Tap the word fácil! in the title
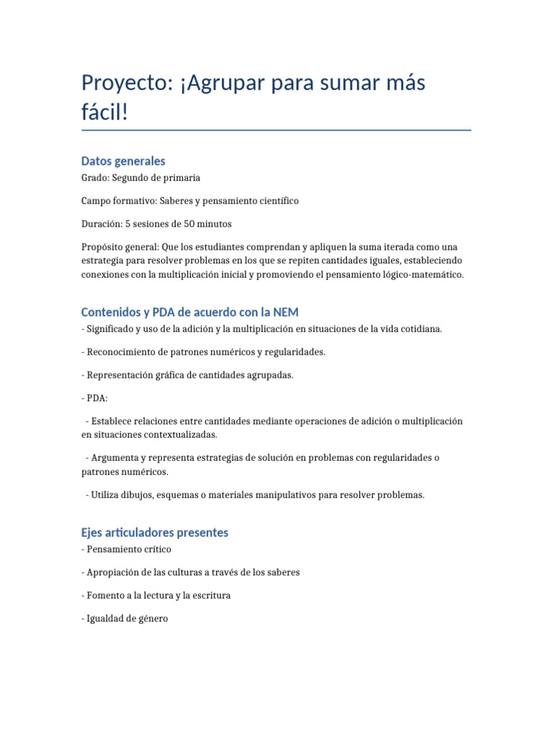(104, 112)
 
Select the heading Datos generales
(123, 161)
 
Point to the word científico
(275, 201)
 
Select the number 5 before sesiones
(128, 224)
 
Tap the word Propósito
(102, 247)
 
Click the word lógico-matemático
(420, 274)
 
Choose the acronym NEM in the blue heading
(284, 312)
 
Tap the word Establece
(112, 420)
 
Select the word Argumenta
(114, 458)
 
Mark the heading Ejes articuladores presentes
(155, 533)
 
